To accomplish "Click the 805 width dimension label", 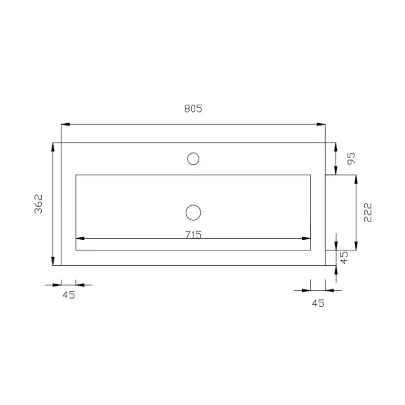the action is pos(193,109).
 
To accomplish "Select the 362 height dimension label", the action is pos(38,204).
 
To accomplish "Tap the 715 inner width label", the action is pos(193,234).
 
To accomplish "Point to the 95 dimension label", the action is pos(351,159).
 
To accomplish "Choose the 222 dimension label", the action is pos(368,213).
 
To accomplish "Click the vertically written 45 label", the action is pos(344,258).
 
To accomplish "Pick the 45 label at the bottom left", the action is pos(69,295).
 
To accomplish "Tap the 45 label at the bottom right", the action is pos(318,303).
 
